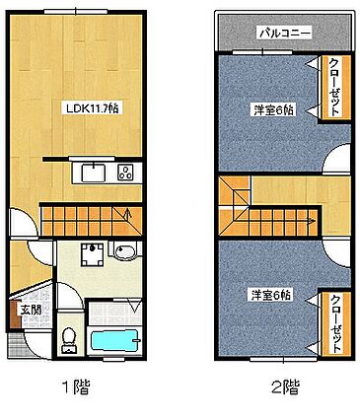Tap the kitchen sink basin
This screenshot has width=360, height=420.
(x=92, y=175)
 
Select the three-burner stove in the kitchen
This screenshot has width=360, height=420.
(x=126, y=175)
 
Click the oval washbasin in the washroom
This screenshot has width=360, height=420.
(x=126, y=254)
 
